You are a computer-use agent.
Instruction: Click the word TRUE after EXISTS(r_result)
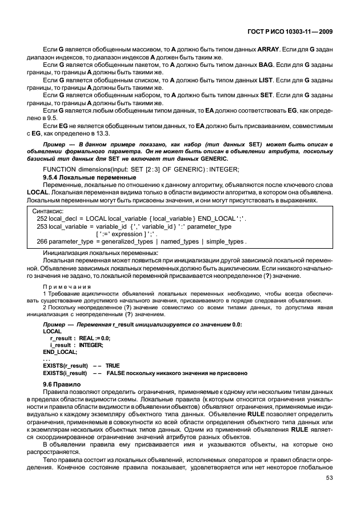[x=113, y=365]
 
